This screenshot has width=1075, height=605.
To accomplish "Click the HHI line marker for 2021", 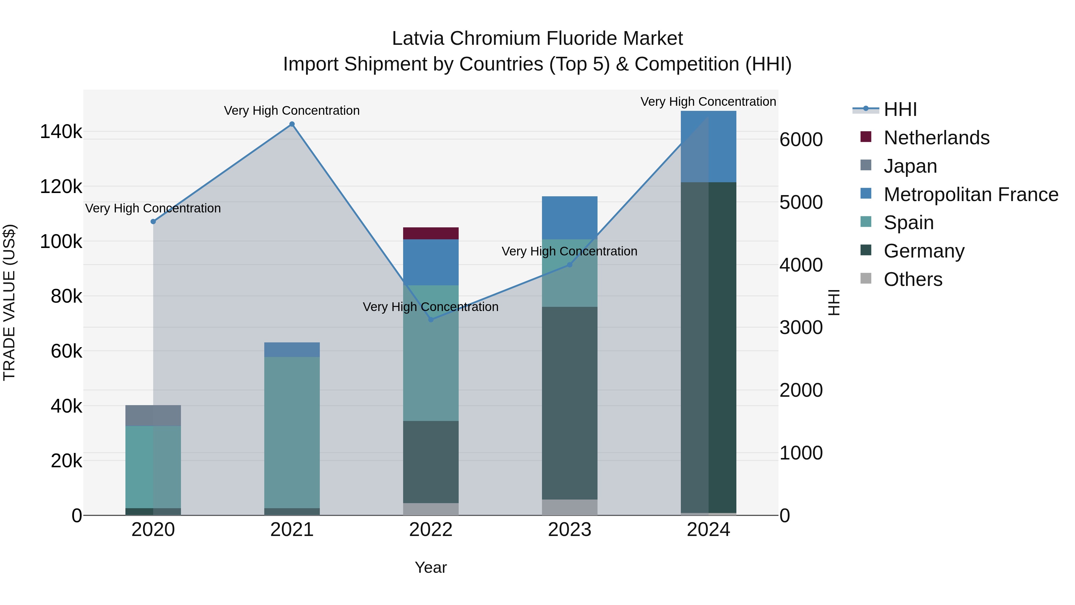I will click(292, 124).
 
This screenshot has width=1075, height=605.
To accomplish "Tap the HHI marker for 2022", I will click(431, 320).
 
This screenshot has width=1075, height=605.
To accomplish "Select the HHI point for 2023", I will click(570, 265).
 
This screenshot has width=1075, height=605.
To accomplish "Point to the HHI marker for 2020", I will click(153, 222).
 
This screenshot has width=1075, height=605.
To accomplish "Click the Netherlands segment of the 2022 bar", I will click(431, 233).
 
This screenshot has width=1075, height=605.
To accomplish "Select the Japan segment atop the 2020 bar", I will click(153, 416).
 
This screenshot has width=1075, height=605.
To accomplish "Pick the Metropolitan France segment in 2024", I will click(708, 147).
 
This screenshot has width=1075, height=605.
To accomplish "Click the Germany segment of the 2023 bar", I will click(570, 403).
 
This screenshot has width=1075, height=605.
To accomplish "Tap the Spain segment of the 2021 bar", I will click(292, 432).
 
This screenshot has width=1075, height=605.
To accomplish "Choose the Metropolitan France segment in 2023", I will click(570, 218).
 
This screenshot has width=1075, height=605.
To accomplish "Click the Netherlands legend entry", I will click(936, 138).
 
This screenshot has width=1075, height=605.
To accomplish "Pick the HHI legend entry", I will click(900, 109).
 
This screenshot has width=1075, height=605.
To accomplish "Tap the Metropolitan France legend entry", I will click(971, 194).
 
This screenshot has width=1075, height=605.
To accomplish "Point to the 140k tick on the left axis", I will click(61, 132).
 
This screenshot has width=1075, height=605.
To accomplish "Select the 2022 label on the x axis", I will click(431, 530).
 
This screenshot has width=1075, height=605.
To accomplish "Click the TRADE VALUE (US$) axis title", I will click(10, 302).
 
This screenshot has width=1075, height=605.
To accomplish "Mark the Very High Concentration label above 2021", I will click(292, 111).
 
